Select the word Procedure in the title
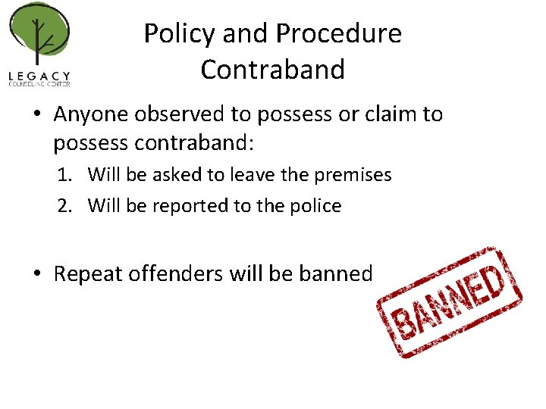tap(339, 33)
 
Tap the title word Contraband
tap(272, 69)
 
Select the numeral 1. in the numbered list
tap(67, 175)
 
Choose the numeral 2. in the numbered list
tap(67, 205)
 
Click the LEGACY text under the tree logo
tap(39, 76)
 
